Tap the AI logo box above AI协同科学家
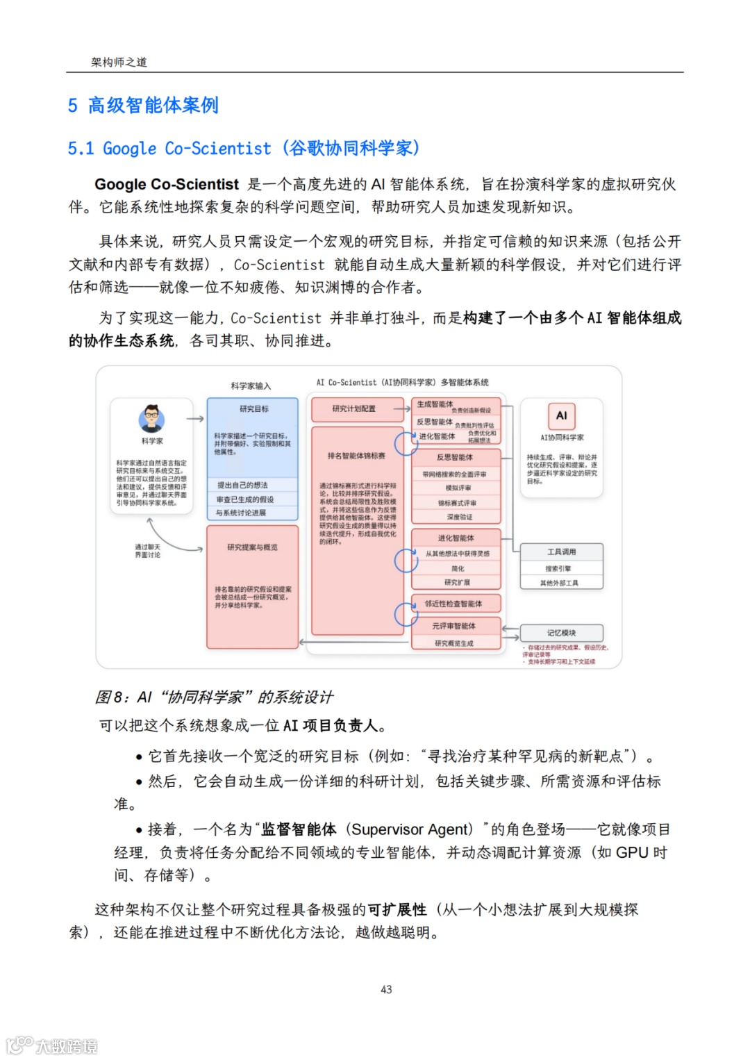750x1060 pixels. point(561,415)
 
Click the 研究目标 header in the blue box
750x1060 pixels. point(253,408)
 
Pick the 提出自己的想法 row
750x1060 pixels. point(242,485)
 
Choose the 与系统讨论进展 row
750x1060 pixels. point(241,513)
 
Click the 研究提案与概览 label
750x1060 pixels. point(252,547)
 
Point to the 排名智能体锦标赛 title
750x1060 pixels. point(356,456)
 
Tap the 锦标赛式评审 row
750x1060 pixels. point(457,503)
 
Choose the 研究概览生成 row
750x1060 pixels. point(454,643)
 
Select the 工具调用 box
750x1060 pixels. point(561,552)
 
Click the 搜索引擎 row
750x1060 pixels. point(558,568)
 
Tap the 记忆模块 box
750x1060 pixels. point(561,633)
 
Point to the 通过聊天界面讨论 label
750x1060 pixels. point(147,551)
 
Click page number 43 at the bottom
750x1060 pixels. point(386,989)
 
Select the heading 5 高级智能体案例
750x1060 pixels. point(143,105)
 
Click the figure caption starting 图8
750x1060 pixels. point(214,697)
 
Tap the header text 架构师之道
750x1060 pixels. point(119,62)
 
